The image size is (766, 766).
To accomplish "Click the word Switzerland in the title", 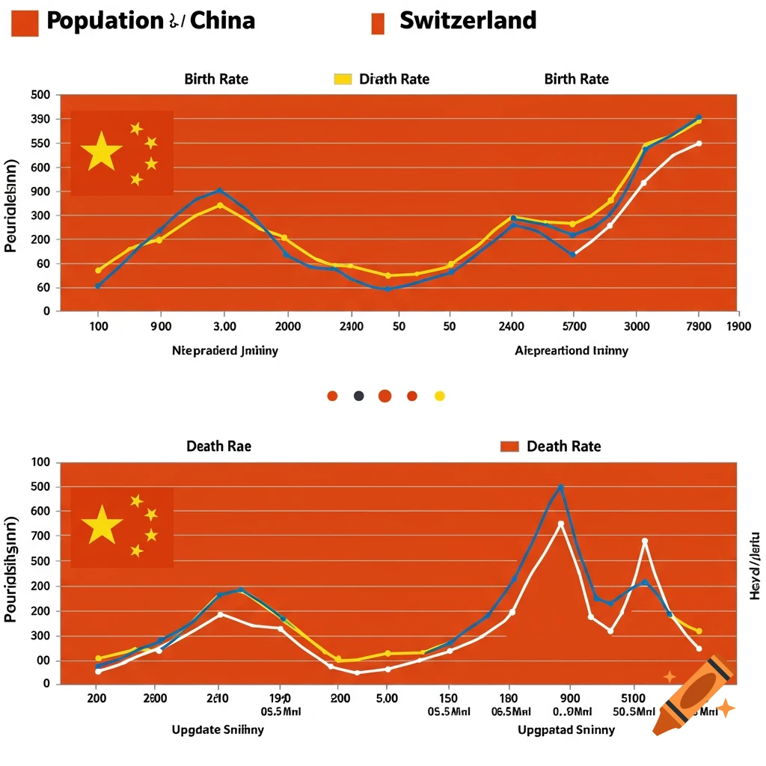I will pos(468,20).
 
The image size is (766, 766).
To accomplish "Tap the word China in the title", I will pos(222,20).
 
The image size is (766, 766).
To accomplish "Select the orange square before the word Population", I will pos(25,22).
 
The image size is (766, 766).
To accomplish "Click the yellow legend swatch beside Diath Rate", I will pos(343,79).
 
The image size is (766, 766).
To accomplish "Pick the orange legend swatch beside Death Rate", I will pos(509,447).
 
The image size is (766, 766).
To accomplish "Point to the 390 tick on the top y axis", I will pos(40,119).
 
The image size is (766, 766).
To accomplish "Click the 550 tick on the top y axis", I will pos(40,143).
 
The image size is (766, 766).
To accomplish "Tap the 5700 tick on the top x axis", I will pos(573,326).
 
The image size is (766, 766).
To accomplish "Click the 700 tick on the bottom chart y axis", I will pos(40,536).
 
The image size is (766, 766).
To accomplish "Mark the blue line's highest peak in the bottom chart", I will pos(560,487).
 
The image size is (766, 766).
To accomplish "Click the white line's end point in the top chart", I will pos(699,144).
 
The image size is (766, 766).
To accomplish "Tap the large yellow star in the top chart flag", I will pos(102,152).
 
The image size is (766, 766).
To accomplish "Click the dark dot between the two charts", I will pos(358,396).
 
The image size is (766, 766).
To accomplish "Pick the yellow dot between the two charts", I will pos(440,396).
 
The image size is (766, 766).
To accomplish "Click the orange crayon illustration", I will pos(692,695).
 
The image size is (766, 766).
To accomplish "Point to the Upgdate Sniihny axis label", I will pos(218,729).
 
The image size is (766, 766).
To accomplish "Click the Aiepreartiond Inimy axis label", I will pos(572,350).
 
